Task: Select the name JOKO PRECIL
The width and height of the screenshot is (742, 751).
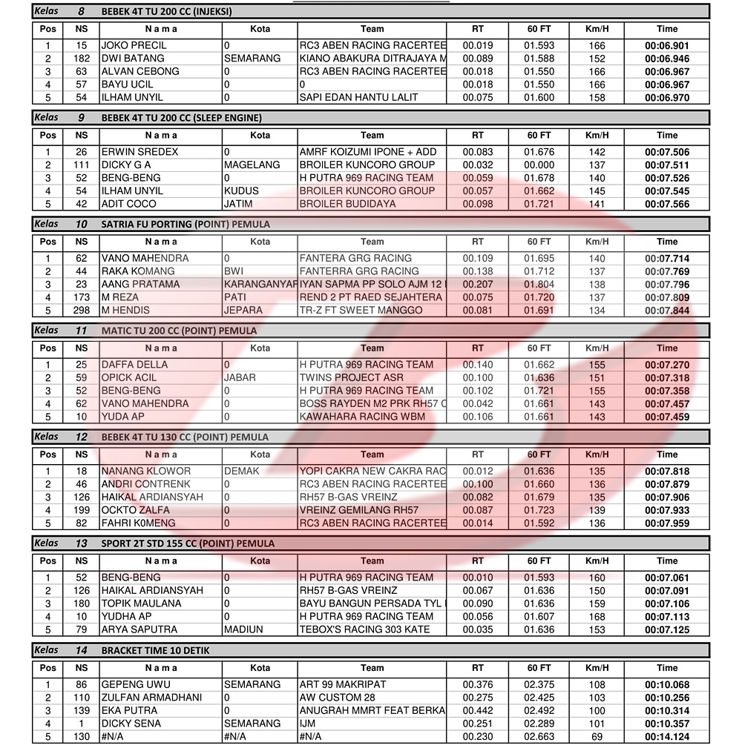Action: (x=134, y=45)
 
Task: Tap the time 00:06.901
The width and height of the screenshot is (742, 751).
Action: (x=666, y=45)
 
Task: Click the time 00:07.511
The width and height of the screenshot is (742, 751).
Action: (x=666, y=165)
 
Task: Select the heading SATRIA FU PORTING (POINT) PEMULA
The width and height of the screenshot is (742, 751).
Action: (x=185, y=224)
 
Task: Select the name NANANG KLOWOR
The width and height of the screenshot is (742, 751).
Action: (x=146, y=471)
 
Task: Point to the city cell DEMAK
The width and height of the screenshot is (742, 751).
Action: (x=242, y=471)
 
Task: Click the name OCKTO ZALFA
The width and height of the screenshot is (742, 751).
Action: (x=135, y=510)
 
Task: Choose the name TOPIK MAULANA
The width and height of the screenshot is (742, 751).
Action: (x=141, y=603)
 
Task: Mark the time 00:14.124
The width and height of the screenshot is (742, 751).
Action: (x=666, y=736)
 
